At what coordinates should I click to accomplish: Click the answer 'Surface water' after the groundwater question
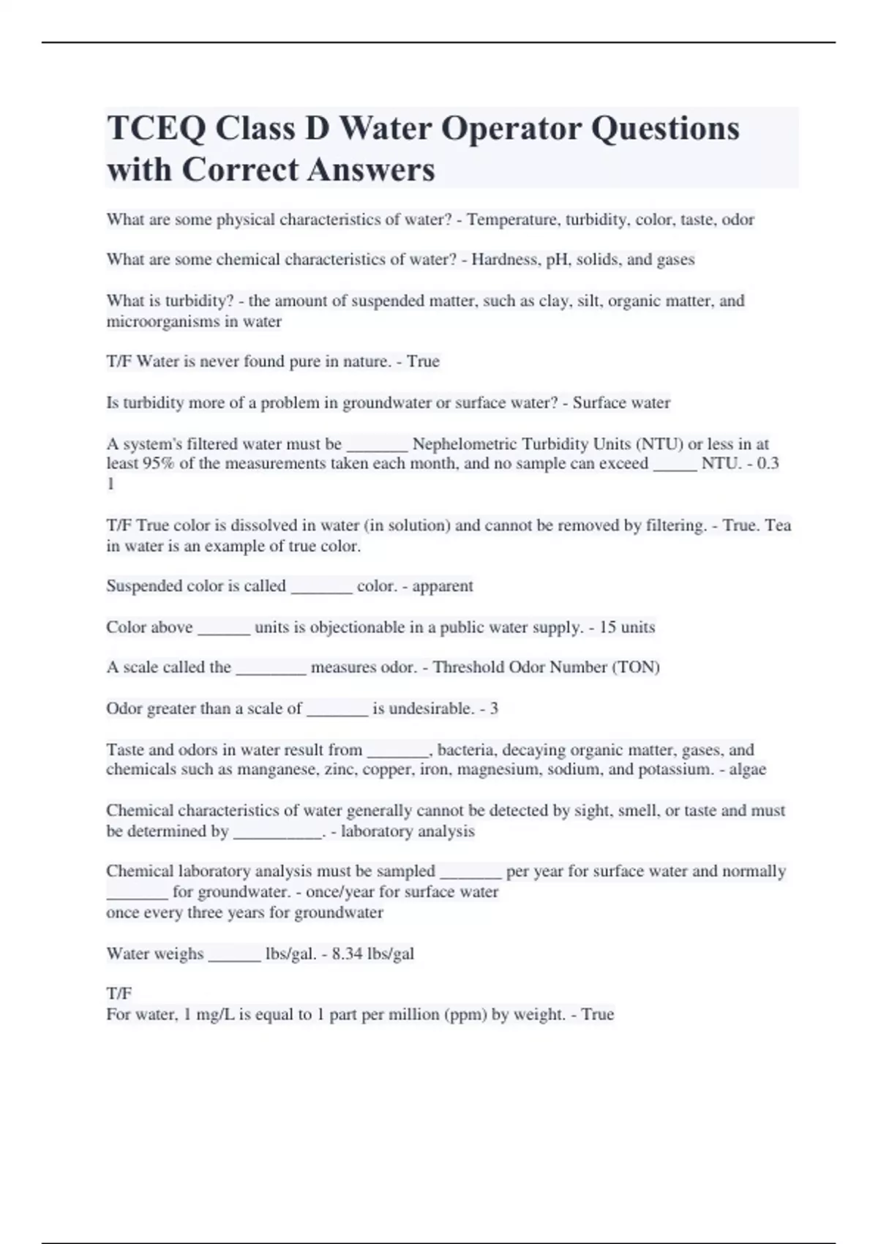(x=621, y=402)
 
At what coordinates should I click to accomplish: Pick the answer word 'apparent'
(x=443, y=586)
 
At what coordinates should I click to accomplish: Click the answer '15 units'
(x=627, y=627)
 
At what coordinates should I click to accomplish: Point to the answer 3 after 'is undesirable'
(x=494, y=708)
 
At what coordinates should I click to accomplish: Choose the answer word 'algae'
(x=747, y=769)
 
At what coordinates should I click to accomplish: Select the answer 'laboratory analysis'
(x=408, y=831)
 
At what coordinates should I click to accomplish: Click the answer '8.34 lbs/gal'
(x=373, y=953)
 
